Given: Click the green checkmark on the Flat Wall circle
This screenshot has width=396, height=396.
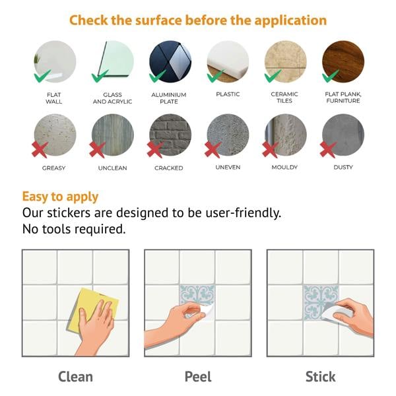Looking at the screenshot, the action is click(x=42, y=76).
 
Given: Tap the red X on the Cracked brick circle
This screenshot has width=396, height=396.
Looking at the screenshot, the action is click(x=155, y=150).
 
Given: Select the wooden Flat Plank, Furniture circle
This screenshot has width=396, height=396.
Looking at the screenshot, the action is click(x=343, y=61).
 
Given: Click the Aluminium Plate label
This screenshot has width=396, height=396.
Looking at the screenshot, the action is click(x=169, y=98).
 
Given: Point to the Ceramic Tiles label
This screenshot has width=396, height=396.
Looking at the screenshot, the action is click(x=284, y=98).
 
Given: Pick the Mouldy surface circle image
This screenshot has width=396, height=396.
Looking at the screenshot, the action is click(x=286, y=135).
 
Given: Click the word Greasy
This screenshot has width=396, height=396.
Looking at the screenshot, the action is click(x=54, y=168).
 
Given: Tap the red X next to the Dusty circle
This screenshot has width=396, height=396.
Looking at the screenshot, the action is click(x=328, y=150).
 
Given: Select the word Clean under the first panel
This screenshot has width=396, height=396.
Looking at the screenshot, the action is click(x=75, y=377).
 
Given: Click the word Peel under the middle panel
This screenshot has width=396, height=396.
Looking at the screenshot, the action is click(x=198, y=377).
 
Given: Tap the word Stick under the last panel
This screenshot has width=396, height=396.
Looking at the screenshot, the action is click(x=321, y=377).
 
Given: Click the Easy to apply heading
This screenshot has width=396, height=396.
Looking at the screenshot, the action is click(x=60, y=197).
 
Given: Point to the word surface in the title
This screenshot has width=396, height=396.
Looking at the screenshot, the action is click(x=158, y=20).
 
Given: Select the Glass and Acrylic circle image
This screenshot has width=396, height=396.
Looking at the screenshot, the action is click(x=113, y=61).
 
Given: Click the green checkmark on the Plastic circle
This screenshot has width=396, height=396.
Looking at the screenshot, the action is click(x=215, y=76).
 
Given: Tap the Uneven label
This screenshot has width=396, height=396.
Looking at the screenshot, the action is click(x=228, y=167).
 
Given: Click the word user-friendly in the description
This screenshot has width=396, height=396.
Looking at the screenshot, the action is click(x=244, y=213).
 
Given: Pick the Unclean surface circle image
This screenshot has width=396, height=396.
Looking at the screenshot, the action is click(x=113, y=135).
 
